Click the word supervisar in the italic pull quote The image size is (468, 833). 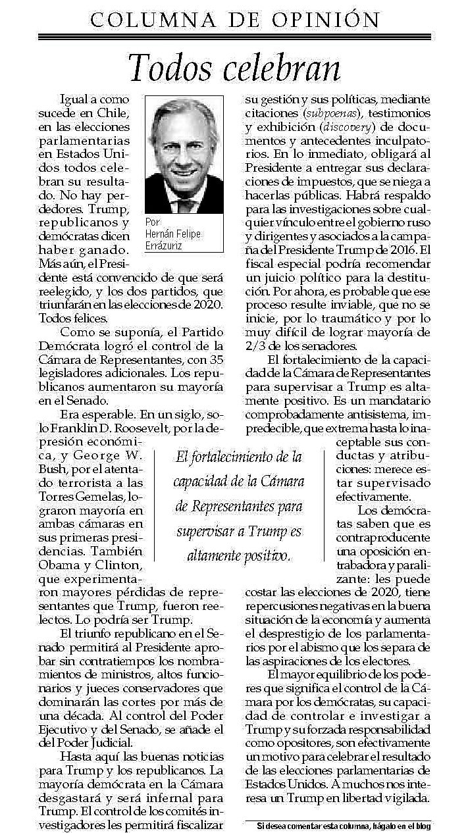(209, 530)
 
